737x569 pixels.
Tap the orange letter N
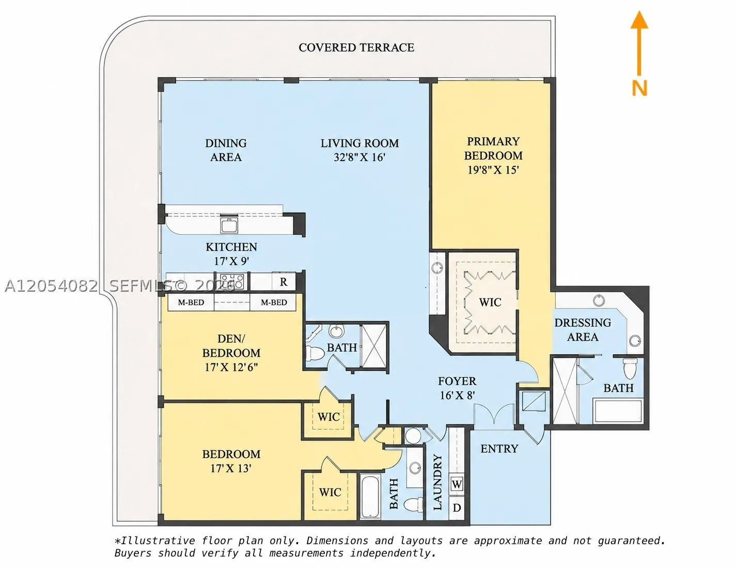[640, 88]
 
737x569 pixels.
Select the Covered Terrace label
[356, 48]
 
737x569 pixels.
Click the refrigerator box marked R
[284, 281]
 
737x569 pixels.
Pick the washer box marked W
[457, 484]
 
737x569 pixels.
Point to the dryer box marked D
[457, 508]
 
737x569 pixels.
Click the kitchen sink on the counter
[229, 225]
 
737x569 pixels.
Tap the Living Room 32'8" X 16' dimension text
[359, 157]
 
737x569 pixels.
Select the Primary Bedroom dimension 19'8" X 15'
[493, 170]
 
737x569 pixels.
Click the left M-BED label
[191, 303]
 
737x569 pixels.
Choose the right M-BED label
[274, 303]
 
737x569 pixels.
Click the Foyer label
[457, 381]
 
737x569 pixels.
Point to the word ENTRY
[499, 449]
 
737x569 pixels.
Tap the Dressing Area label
[583, 329]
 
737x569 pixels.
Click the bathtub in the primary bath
[618, 411]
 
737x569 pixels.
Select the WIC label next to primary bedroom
[490, 302]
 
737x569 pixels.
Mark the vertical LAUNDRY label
[437, 482]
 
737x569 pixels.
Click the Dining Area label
[226, 150]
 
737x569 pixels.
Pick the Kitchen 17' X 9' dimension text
[232, 261]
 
